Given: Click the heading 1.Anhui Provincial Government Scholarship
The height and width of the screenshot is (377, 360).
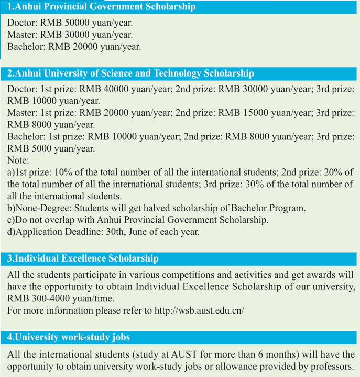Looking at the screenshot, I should coord(101,7).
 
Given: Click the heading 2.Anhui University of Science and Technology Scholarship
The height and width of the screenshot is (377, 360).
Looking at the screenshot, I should coord(130,73).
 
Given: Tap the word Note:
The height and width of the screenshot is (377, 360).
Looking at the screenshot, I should coord(18,160).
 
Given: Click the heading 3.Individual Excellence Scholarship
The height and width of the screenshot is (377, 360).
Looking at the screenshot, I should coord(83,258).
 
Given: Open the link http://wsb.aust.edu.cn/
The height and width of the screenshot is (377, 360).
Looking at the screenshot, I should coord(200,310).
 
